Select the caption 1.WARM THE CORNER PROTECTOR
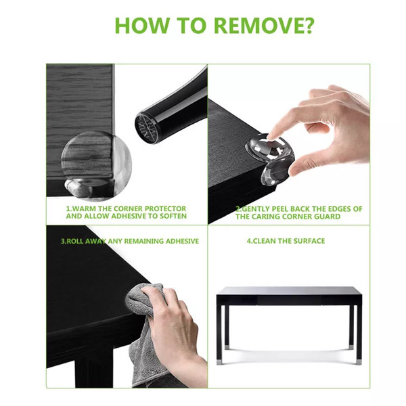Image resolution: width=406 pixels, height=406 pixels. [126, 208]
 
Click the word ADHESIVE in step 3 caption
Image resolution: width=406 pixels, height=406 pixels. [178, 241]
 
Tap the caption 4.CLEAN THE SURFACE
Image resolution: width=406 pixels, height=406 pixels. [286, 241]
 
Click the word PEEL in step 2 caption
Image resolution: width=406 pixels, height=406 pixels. [278, 208]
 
